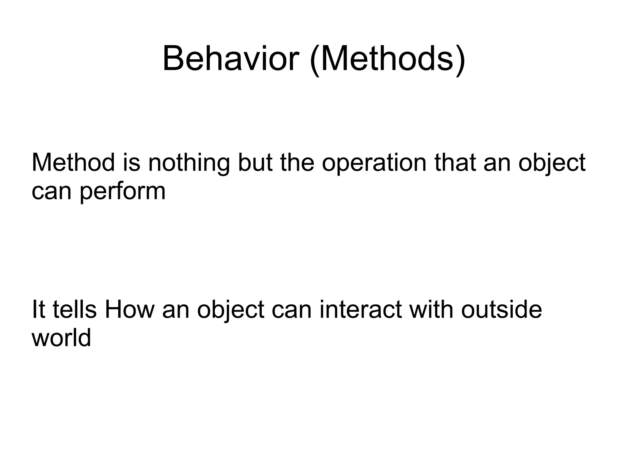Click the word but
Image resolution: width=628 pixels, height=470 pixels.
pyautogui.click(x=255, y=163)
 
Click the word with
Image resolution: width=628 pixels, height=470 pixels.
pyautogui.click(x=432, y=310)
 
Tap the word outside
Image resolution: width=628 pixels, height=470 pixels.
pyautogui.click(x=501, y=310)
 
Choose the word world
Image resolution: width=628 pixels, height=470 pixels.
pyautogui.click(x=61, y=338)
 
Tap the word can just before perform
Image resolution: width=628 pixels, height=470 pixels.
pyautogui.click(x=52, y=191)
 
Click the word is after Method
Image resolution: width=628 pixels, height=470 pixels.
pyautogui.click(x=132, y=163)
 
